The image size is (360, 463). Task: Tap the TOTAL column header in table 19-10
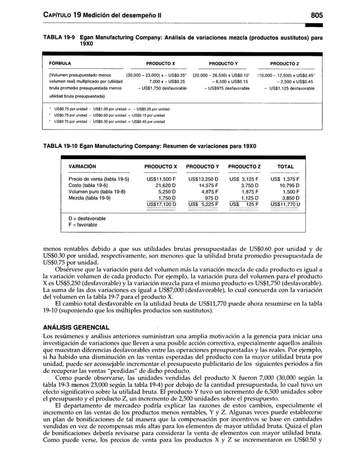pos(286,166)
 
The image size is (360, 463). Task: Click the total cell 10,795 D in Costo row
pos(288,185)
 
